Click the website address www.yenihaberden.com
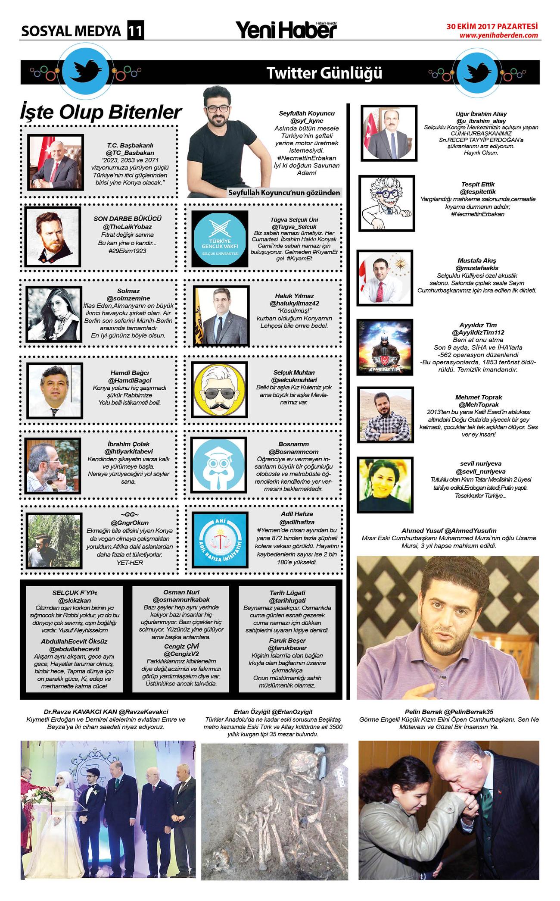coord(498,35)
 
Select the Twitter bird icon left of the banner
coord(86,71)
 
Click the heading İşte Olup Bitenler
coord(101,112)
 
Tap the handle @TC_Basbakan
coord(130,153)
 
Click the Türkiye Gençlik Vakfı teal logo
coord(220,239)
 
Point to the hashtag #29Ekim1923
coord(127,250)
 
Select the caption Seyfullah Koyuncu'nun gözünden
coord(284,193)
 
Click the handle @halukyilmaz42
coord(294,303)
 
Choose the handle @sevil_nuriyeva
coord(480,471)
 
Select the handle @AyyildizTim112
coord(478,332)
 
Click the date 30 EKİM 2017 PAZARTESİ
coord(492,26)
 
